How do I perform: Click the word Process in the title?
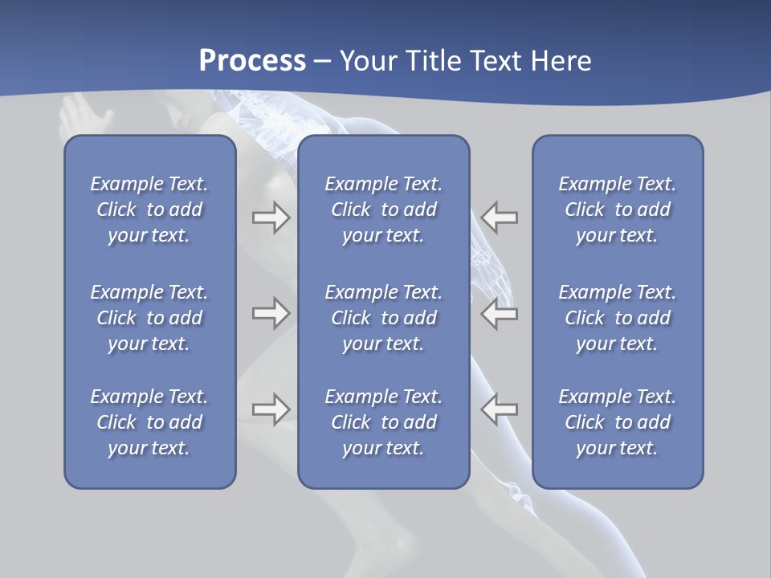click(252, 61)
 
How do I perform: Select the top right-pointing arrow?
click(271, 217)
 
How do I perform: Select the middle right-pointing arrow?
click(271, 312)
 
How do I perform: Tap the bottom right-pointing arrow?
click(271, 409)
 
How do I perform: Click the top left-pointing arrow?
click(500, 217)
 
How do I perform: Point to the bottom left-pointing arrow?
click(500, 409)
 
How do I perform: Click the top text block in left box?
click(149, 210)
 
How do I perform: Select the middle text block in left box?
click(149, 318)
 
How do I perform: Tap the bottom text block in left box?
click(149, 422)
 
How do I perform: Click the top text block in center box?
click(384, 210)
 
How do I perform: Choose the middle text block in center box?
click(384, 318)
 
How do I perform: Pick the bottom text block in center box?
click(384, 422)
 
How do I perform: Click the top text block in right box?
click(618, 210)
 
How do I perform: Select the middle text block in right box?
click(618, 318)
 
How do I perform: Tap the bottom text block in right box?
click(618, 422)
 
